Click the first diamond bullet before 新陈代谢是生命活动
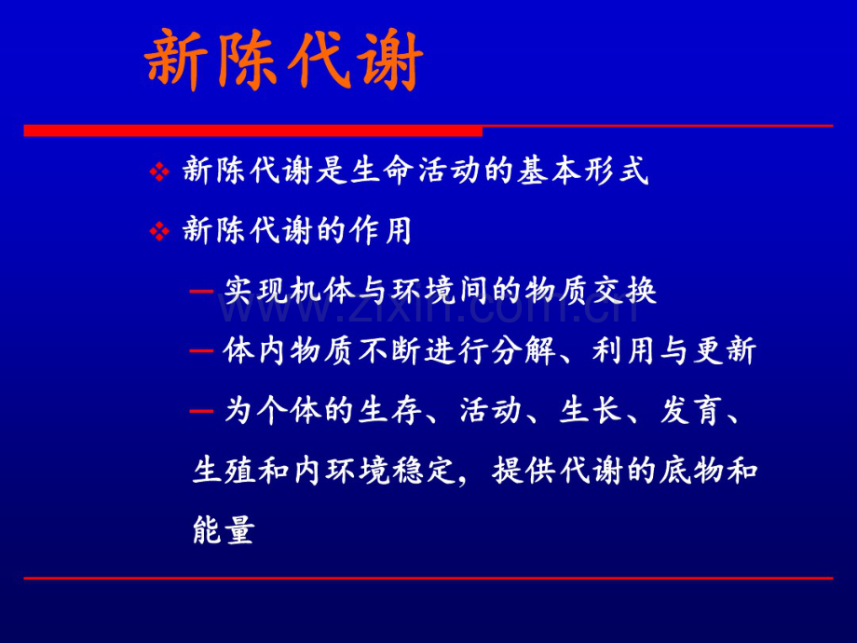click(x=159, y=172)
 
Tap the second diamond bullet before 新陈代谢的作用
click(x=159, y=231)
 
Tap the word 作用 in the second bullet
click(x=386, y=231)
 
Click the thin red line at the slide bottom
click(x=428, y=579)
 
